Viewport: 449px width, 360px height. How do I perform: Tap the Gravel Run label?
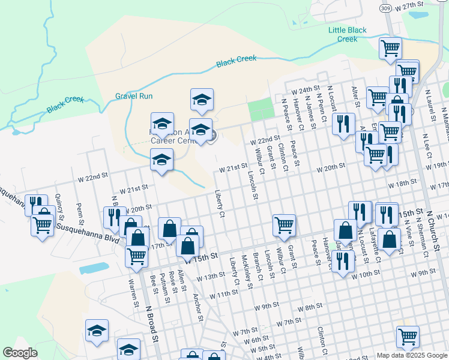[x=134, y=96]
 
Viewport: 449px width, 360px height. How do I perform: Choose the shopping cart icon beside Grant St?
[x=284, y=225]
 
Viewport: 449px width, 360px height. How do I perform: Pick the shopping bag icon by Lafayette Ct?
[x=390, y=239]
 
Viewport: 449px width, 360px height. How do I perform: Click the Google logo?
[x=20, y=353]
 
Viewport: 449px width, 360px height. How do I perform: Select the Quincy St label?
[x=59, y=203]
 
